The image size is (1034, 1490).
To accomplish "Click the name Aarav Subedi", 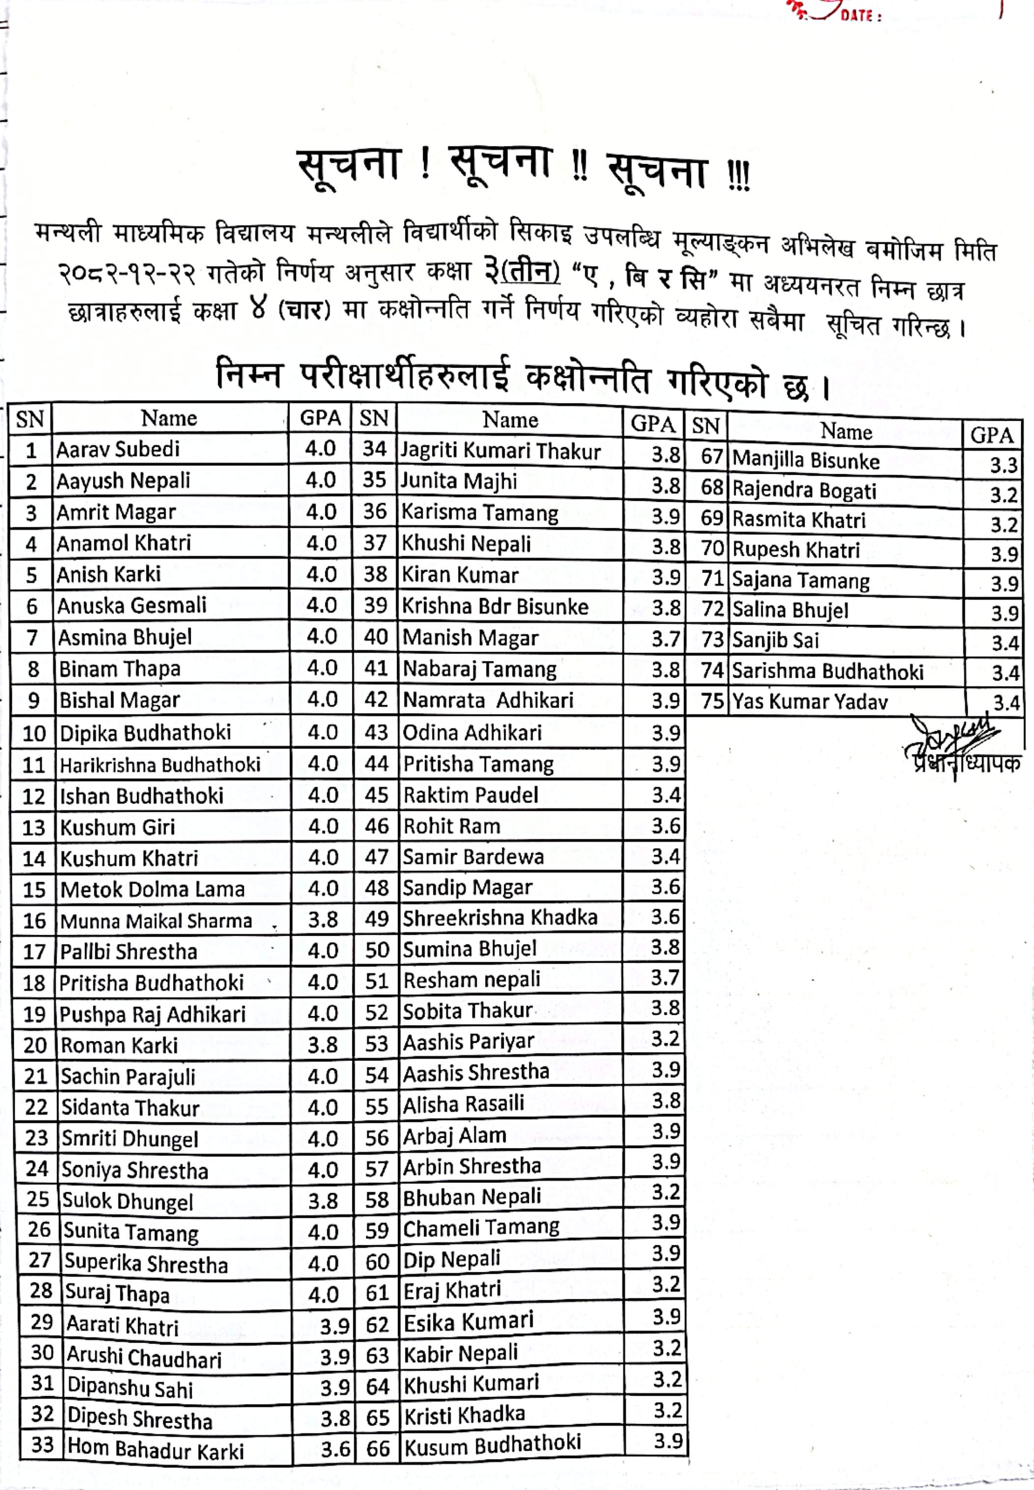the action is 118,449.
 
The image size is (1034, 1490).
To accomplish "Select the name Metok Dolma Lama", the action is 153,889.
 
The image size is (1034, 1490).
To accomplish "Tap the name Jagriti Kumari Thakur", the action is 501,451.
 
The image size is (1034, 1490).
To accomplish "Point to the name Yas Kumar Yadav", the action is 810,702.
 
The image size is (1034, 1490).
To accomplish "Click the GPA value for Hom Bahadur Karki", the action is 336,1449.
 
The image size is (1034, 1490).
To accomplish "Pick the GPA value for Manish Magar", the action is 666,638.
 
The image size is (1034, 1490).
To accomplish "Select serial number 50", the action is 376,950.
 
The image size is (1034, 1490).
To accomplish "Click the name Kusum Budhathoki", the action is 492,1445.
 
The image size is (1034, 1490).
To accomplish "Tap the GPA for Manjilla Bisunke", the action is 1004,465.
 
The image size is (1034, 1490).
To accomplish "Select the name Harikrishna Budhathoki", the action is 160,765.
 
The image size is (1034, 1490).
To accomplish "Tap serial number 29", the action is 41,1321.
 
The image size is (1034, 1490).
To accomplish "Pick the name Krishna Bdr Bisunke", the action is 495,606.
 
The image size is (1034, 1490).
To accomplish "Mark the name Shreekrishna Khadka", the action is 499,918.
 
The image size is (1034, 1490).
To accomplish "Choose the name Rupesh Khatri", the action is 796,550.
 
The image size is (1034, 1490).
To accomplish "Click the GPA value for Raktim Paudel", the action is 666,795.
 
